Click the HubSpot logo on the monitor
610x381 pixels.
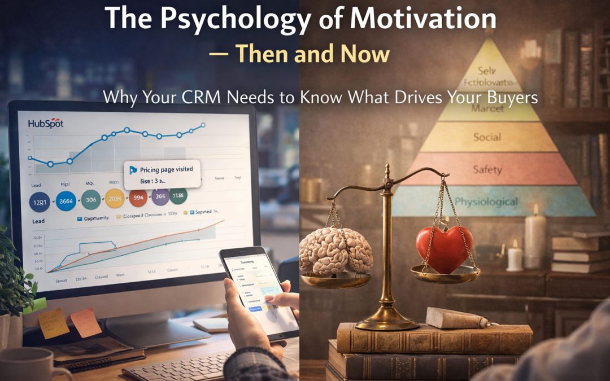pyautogui.click(x=45, y=122)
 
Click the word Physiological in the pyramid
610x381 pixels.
pyautogui.click(x=486, y=202)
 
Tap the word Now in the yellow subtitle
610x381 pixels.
pyautogui.click(x=365, y=54)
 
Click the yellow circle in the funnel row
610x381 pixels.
pyautogui.click(x=114, y=198)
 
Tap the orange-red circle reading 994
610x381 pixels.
pyautogui.click(x=139, y=198)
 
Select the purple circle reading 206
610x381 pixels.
pyautogui.click(x=160, y=196)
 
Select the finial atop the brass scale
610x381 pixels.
pyautogui.click(x=387, y=170)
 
